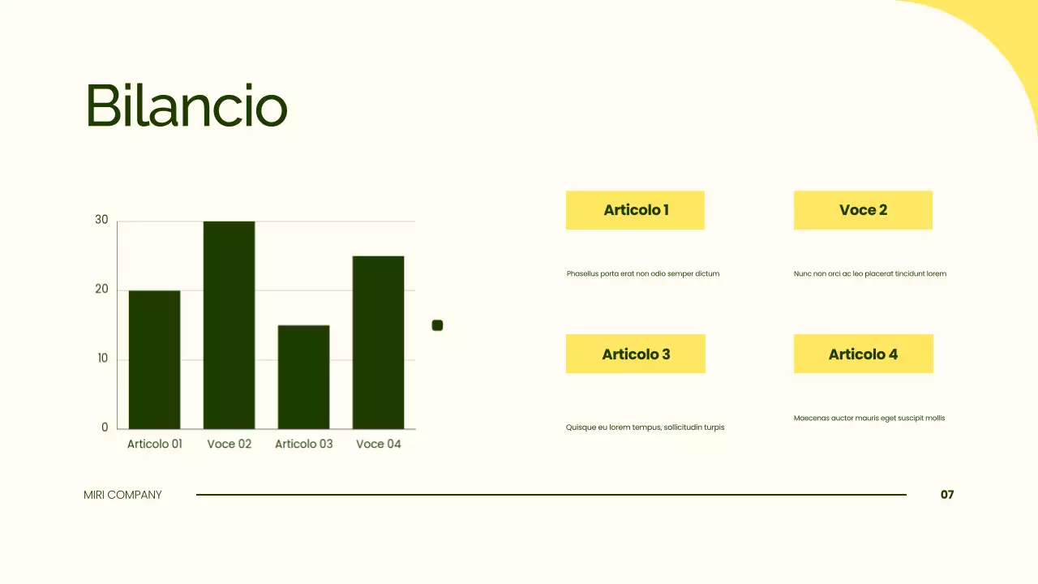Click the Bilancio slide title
187,106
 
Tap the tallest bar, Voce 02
229,324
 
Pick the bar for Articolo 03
303,377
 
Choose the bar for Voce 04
378,342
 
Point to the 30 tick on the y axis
101,220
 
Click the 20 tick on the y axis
101,290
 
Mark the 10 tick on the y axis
102,359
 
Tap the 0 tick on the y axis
105,427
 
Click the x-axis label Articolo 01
155,444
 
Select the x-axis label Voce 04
379,444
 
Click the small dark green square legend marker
437,325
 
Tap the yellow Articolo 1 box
635,210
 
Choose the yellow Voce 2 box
863,210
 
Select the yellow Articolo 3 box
636,354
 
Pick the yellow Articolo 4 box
863,354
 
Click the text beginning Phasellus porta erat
643,274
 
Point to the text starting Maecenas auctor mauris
869,419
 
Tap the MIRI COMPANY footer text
122,495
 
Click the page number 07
947,495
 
